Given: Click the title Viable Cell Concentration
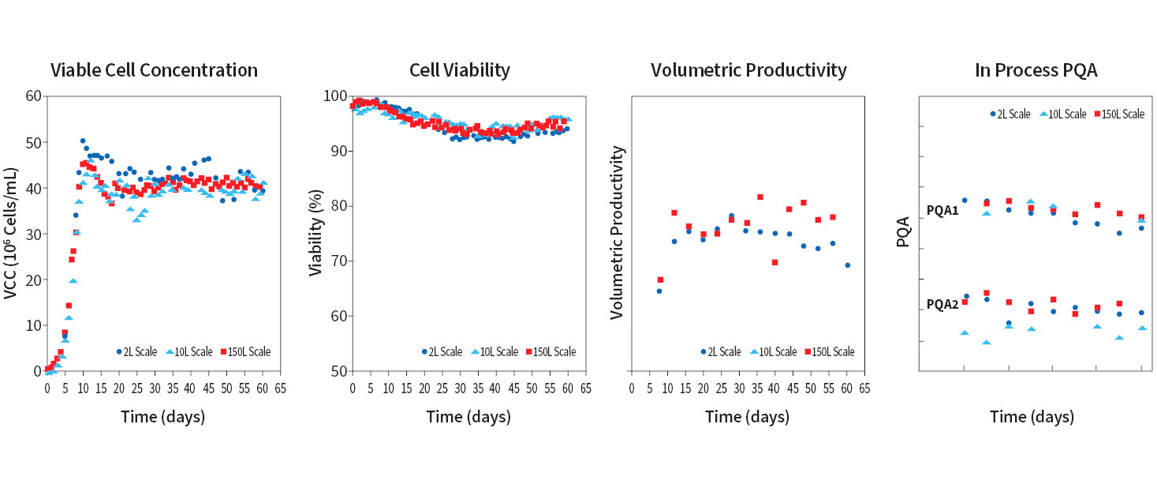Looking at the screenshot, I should click(x=154, y=70).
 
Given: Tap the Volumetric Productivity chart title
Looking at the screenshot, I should click(x=748, y=70).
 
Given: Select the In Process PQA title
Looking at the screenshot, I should click(x=1036, y=70).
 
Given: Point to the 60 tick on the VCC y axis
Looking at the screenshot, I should click(x=34, y=96).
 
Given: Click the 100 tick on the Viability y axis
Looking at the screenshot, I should click(x=336, y=96).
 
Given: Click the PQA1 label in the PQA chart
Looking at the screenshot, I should click(x=942, y=212).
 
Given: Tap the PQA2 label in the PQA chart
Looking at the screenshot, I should click(x=942, y=304).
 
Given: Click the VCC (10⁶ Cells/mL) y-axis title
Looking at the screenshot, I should click(x=11, y=233).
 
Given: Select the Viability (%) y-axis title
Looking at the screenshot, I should click(x=315, y=233).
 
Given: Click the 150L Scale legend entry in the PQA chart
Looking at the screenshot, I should click(x=1118, y=114).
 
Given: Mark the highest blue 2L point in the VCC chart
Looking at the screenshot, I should click(x=83, y=141).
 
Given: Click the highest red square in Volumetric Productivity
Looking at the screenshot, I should click(x=760, y=197).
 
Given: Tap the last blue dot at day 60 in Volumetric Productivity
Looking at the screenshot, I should click(x=847, y=265).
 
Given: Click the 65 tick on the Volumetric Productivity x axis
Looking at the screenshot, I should click(x=864, y=388).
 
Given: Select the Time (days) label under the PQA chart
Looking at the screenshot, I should click(x=1032, y=417).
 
